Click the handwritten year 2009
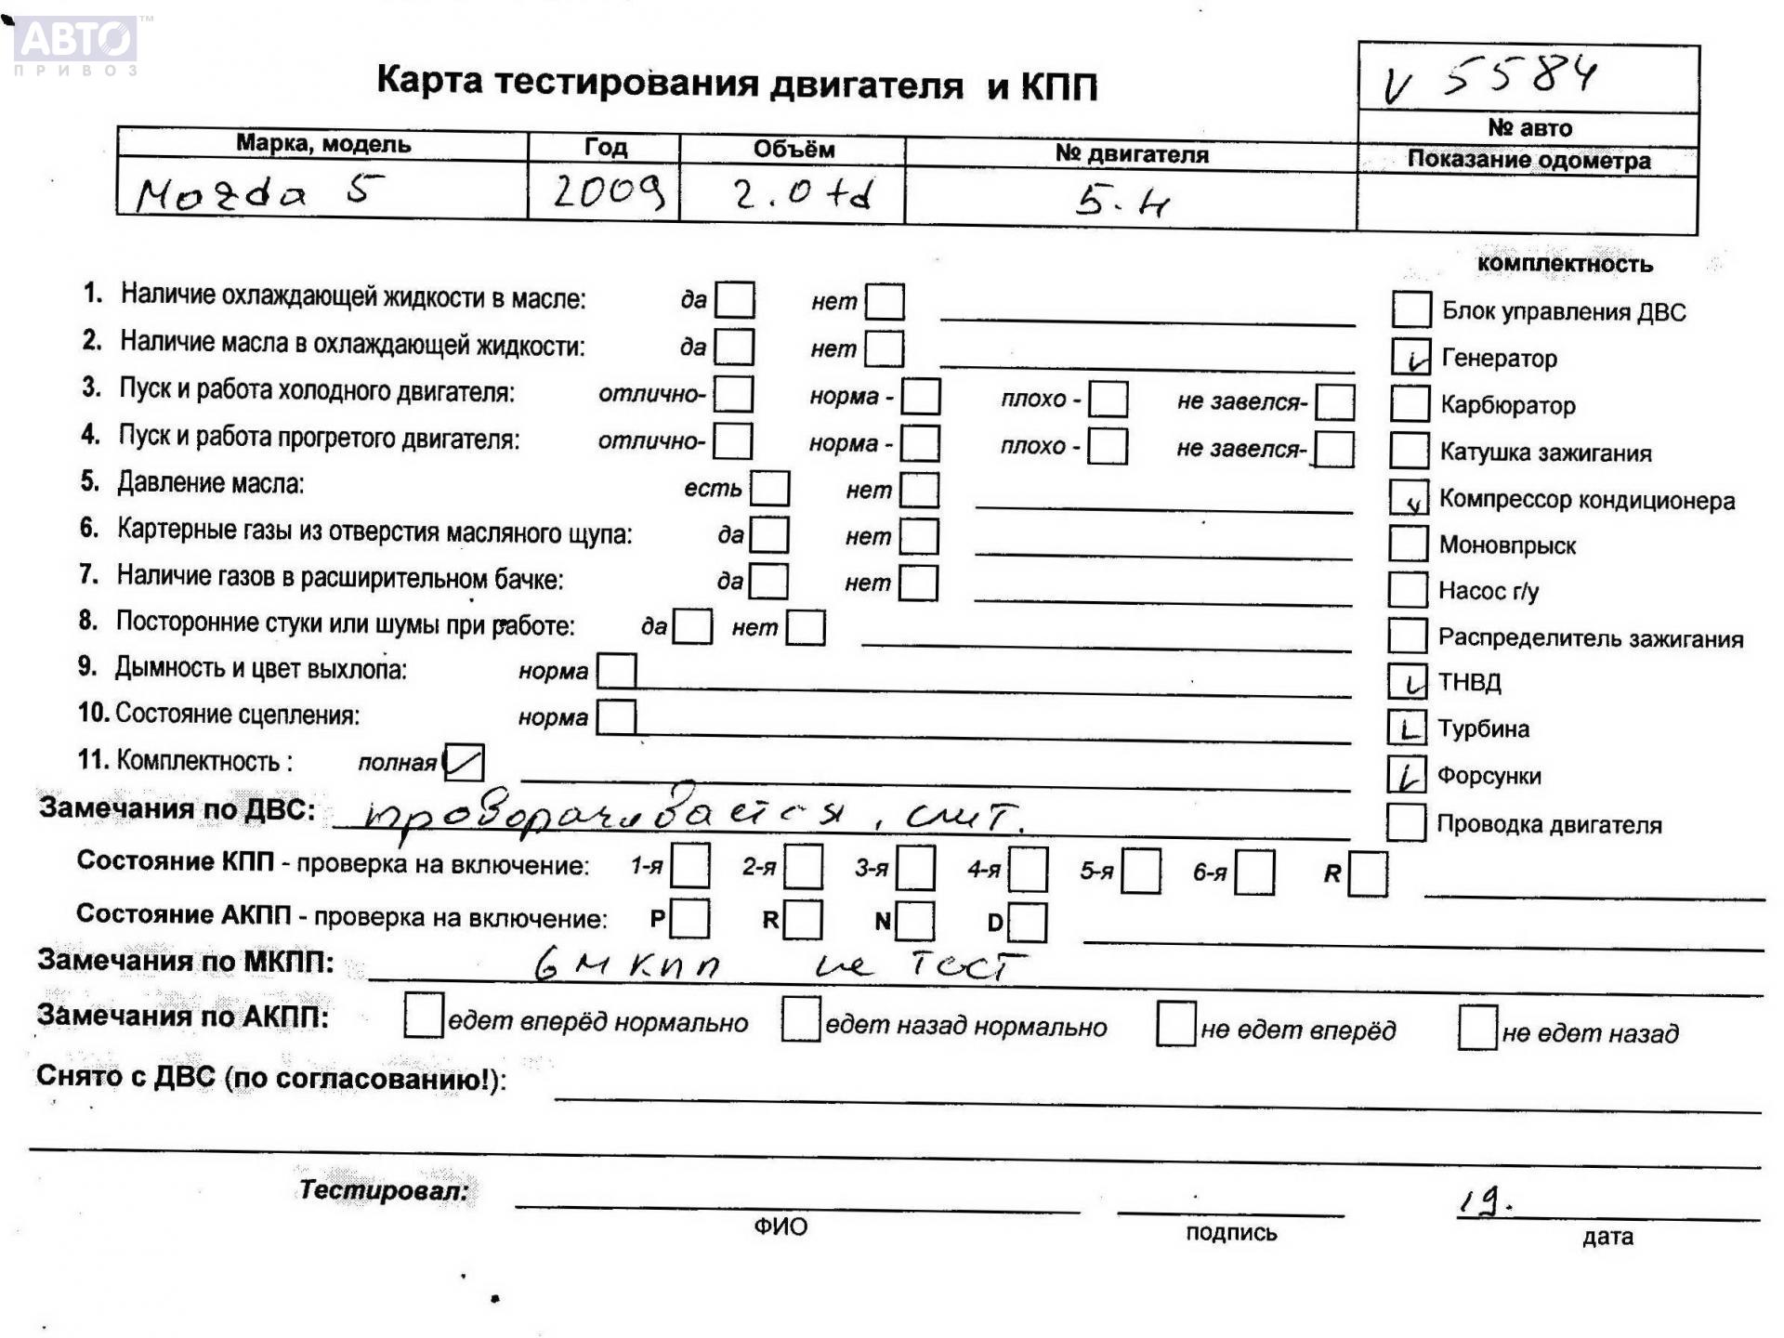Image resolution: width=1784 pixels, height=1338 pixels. coord(609,191)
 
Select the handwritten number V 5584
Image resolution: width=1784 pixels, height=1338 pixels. coord(1492,77)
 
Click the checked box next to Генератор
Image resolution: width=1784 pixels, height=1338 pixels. coord(1410,356)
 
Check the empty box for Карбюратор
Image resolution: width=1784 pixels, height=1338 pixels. coord(1410,403)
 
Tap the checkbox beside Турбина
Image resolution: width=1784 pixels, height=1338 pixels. coord(1407,728)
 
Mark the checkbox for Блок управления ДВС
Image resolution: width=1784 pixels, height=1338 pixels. coord(1410,309)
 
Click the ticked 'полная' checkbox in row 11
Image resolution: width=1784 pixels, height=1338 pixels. coord(464,763)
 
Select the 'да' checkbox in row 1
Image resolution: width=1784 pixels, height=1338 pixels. coord(735,300)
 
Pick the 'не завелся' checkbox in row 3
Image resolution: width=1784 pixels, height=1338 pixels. coord(1335,401)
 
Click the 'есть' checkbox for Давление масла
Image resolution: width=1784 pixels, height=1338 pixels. coord(769,488)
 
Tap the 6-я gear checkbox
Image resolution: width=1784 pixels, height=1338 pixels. coord(1254,872)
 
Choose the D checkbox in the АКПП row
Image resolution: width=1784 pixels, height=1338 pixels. coord(1027,922)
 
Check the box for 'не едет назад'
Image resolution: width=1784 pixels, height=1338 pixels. coord(1477,1028)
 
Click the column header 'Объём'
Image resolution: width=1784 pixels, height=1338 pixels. coord(793,149)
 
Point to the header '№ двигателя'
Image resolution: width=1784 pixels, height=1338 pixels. coord(1131,154)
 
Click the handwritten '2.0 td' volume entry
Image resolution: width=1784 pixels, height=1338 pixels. coord(802,194)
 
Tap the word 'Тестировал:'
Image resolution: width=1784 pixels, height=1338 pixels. coord(383,1189)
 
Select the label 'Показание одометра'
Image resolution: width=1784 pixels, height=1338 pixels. coord(1528,160)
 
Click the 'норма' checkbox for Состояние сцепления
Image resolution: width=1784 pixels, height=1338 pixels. coord(616,716)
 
